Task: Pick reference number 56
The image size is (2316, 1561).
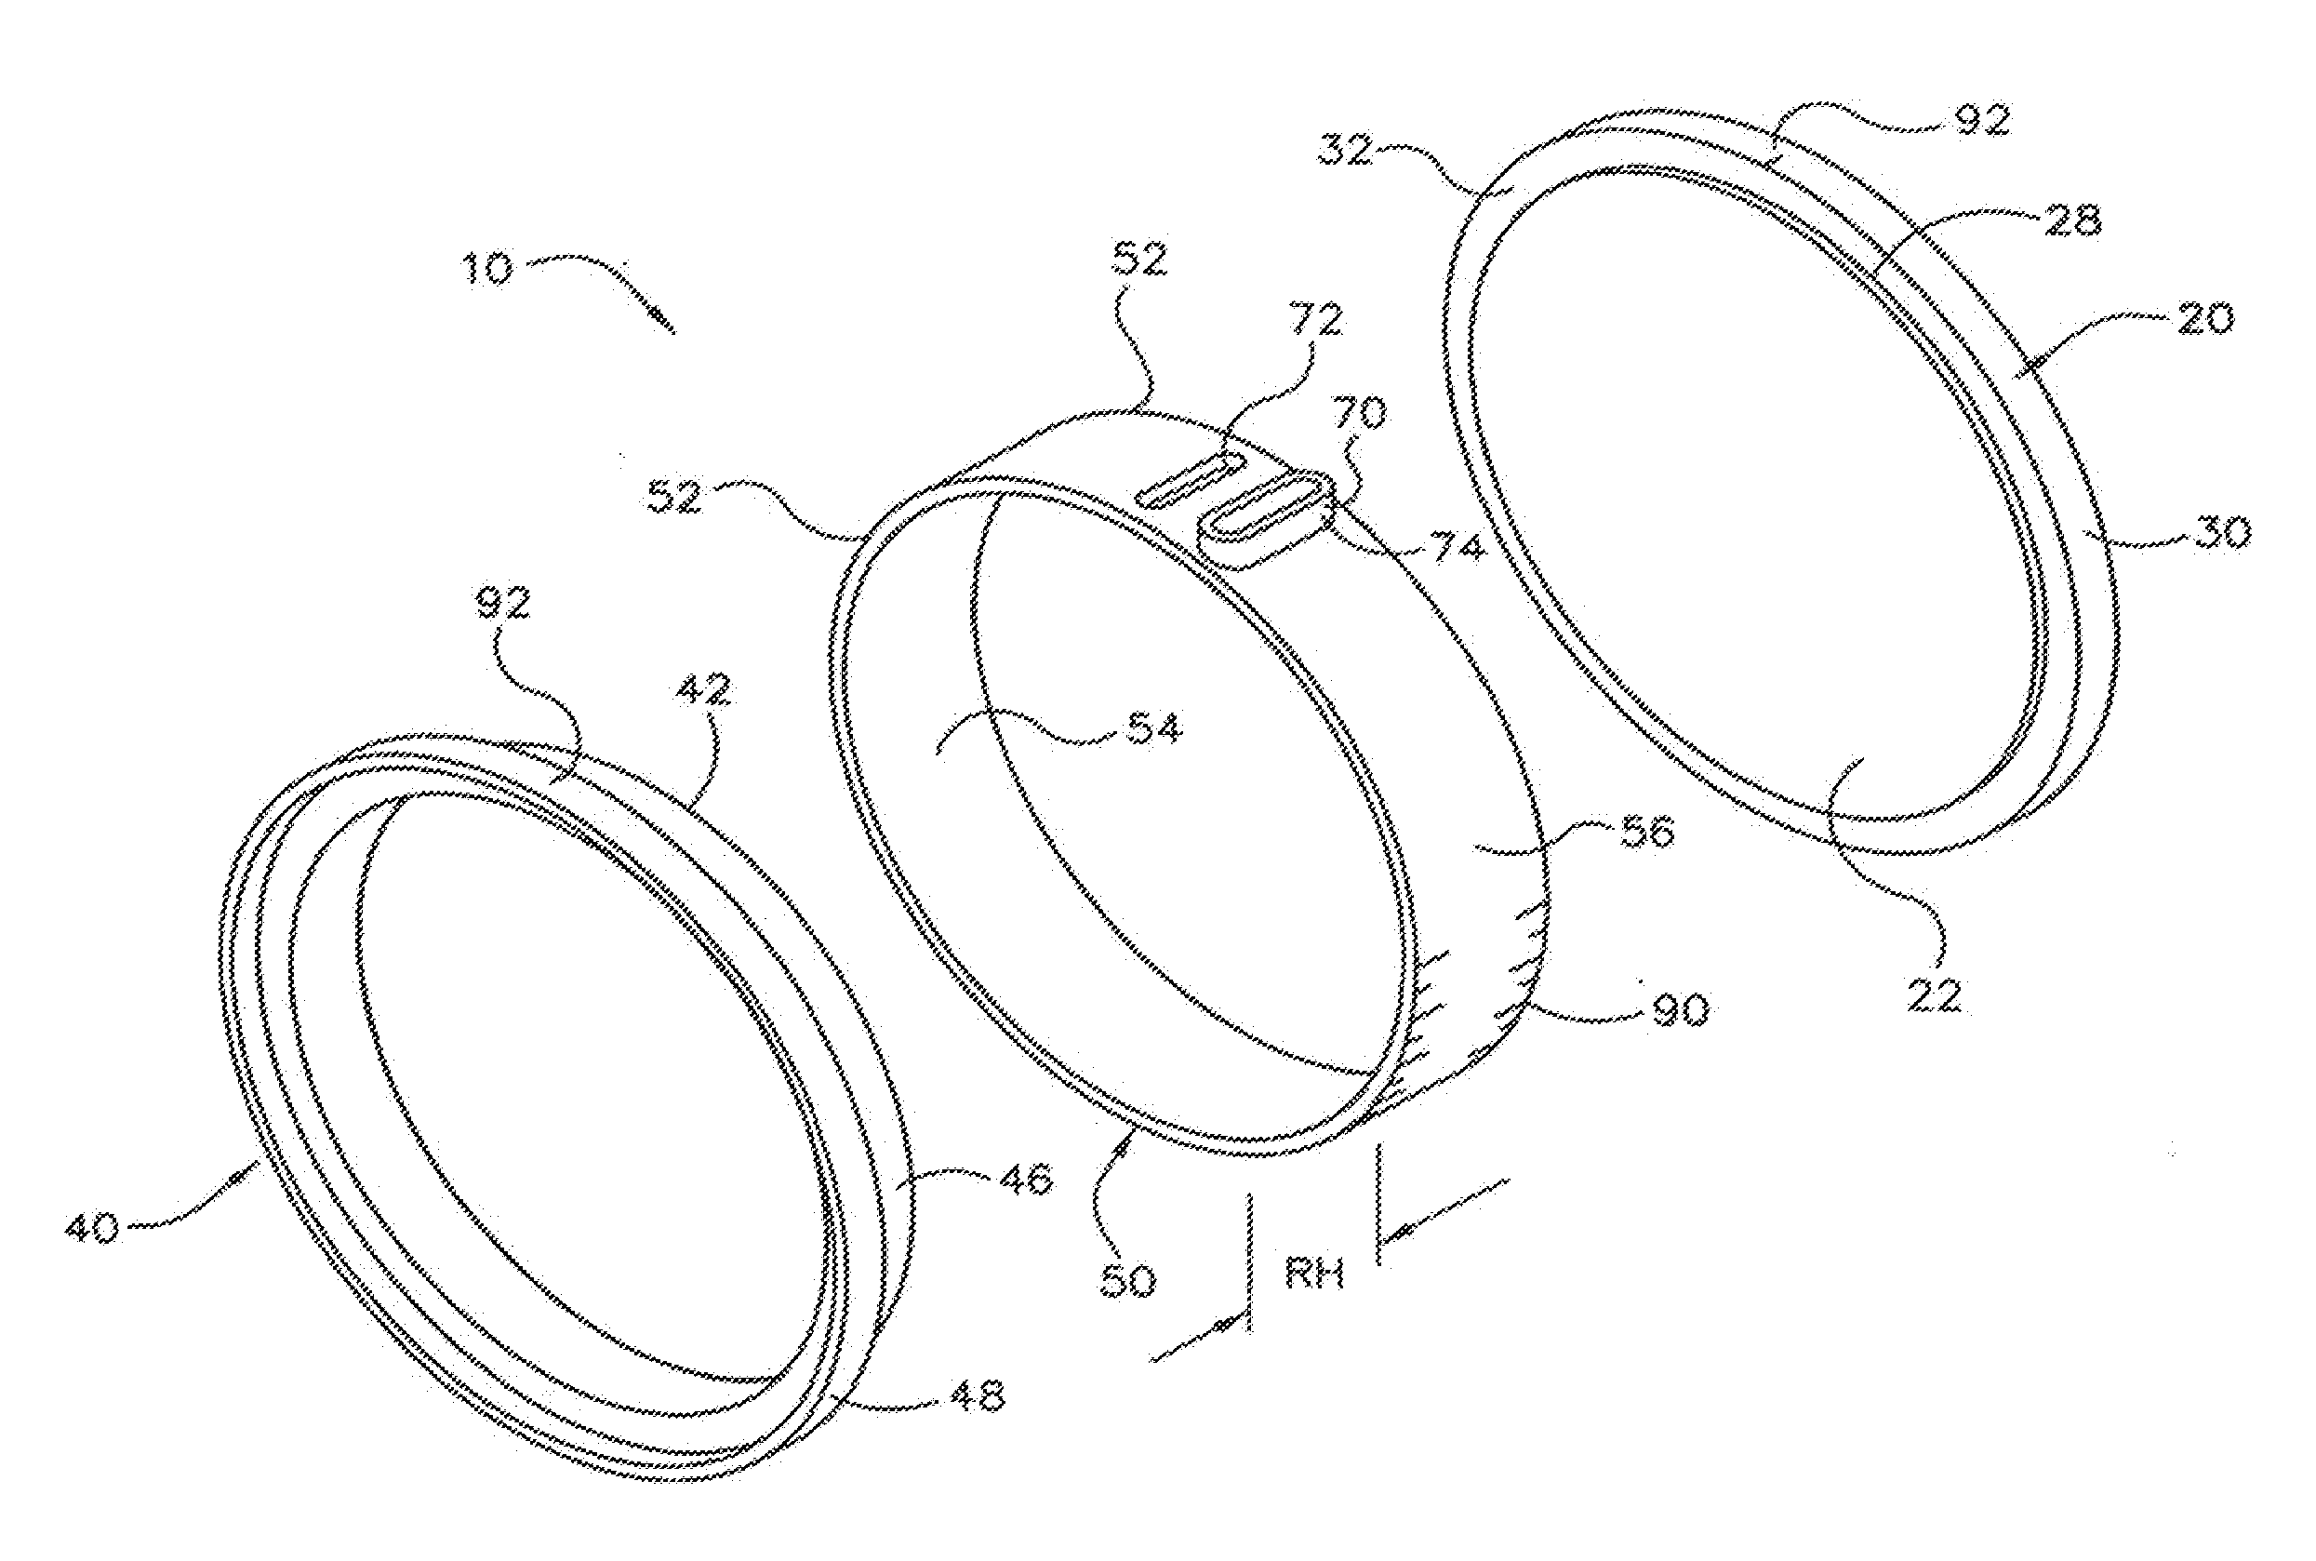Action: [x=1647, y=832]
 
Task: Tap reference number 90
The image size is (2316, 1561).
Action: [x=1680, y=1009]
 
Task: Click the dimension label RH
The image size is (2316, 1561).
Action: [x=1313, y=1274]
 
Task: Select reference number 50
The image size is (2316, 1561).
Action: [x=1126, y=1280]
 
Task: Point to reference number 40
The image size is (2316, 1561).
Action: [x=93, y=1227]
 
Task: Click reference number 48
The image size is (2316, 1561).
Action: [x=977, y=1395]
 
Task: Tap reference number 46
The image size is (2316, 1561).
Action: [x=1024, y=1181]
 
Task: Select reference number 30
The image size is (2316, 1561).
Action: [x=2221, y=533]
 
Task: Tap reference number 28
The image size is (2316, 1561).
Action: [x=2072, y=220]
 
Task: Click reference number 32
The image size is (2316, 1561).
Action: [x=1347, y=152]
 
